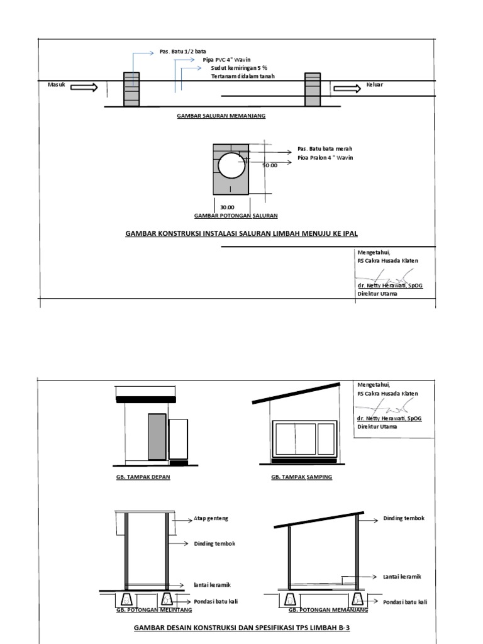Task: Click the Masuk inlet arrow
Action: point(85,88)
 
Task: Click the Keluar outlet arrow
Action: point(345,88)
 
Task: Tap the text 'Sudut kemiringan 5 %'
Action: point(239,68)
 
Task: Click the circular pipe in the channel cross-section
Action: point(231,167)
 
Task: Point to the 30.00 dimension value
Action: point(227,207)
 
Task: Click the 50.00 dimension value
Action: point(269,165)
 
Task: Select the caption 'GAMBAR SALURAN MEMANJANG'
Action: point(221,116)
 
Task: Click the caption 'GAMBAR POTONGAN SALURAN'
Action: point(236,216)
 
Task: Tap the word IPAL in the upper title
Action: point(348,233)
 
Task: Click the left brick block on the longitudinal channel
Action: point(131,89)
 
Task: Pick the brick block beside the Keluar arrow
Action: point(313,89)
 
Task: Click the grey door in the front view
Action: point(157,436)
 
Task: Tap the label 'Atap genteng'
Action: point(211,518)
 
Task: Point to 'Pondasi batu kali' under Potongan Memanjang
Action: point(405,602)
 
